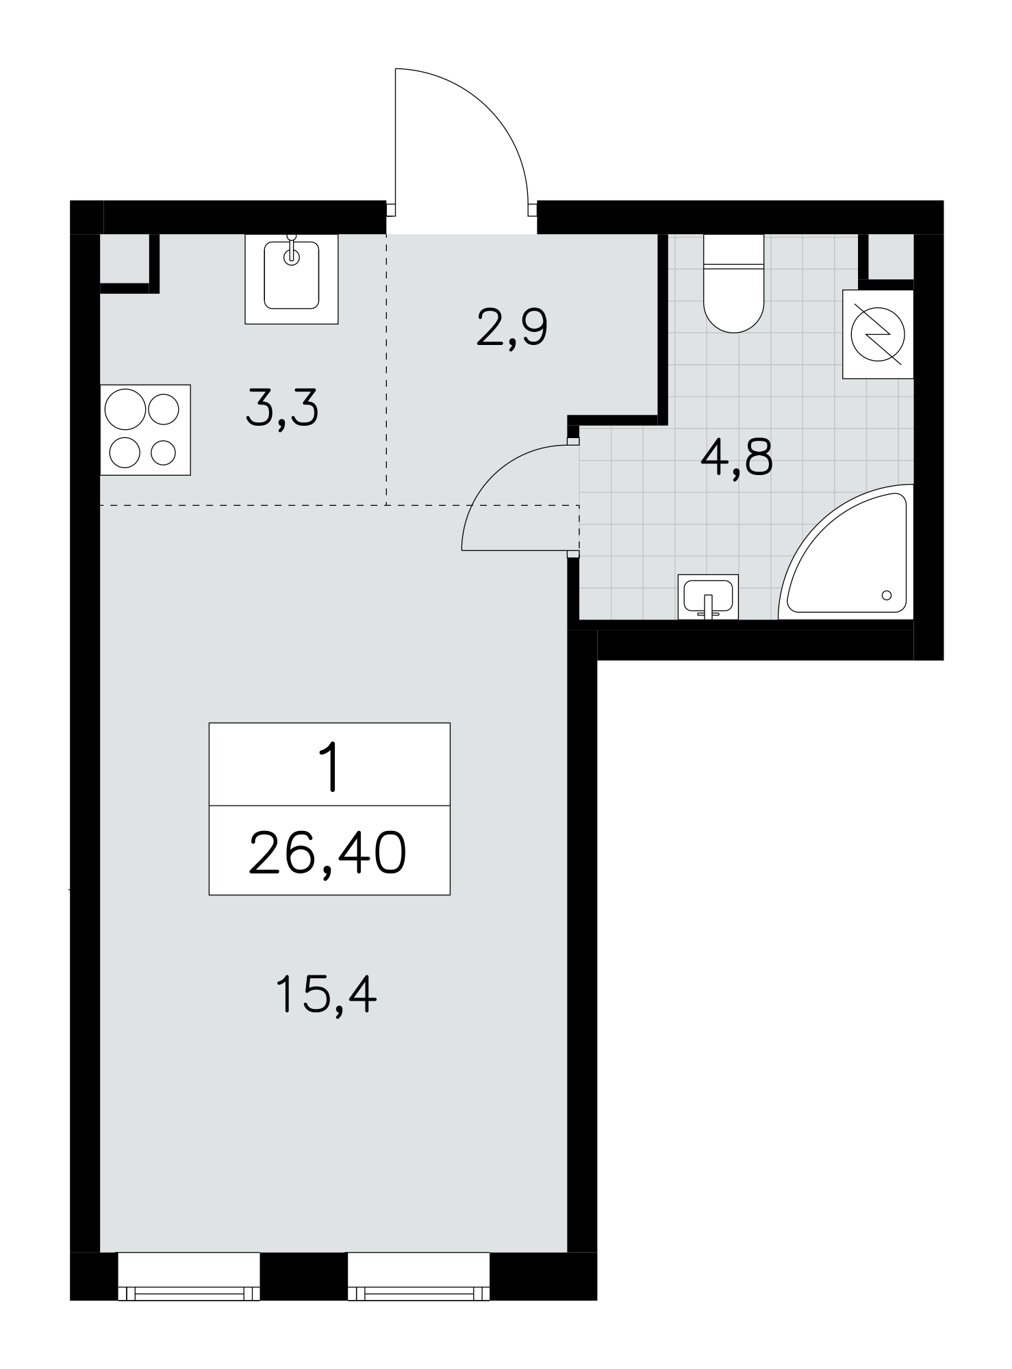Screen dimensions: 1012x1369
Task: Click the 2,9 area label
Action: coord(512,329)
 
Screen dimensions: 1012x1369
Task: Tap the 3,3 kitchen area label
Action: coord(282,409)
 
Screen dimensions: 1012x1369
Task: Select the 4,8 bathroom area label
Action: coord(737,457)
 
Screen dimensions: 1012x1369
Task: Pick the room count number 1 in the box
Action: coord(331,768)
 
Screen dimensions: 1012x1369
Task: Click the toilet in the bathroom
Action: coord(733,283)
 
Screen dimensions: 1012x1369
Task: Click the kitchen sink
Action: coord(292,279)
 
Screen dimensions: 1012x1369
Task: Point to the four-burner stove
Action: coord(145,430)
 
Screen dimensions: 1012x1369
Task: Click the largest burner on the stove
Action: coord(125,410)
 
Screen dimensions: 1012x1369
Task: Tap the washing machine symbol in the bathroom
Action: coord(878,334)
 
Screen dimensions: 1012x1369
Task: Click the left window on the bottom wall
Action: coord(189,1276)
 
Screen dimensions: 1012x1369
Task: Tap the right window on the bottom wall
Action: coord(419,1276)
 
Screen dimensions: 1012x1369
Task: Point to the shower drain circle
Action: coord(887,595)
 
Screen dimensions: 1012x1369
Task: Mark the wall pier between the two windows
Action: coord(304,1276)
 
